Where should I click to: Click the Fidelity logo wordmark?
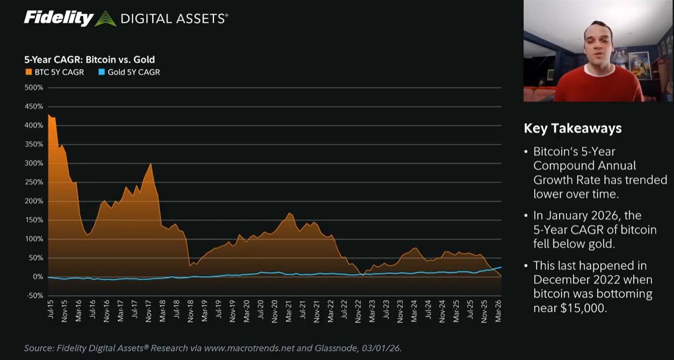click(58, 18)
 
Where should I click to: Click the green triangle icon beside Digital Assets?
click(105, 19)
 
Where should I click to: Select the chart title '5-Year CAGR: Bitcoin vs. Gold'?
click(90, 60)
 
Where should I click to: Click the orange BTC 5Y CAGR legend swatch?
click(28, 72)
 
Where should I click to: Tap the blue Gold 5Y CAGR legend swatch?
click(102, 72)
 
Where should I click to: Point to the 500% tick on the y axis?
click(34, 88)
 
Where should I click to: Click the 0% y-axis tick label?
click(37, 277)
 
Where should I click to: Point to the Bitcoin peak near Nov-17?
click(151, 164)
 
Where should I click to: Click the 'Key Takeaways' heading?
click(572, 128)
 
